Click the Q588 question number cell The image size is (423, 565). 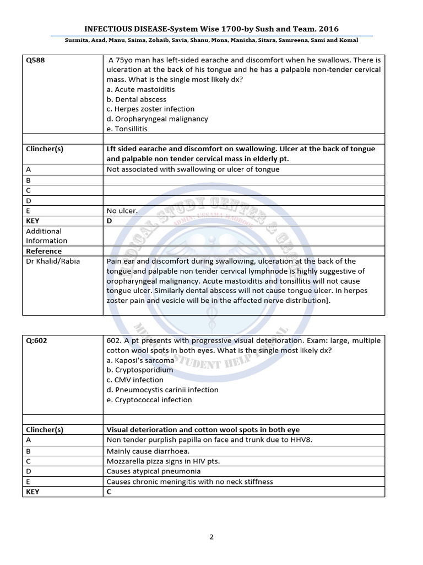click(x=35, y=60)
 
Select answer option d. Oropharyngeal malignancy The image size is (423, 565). click(x=158, y=119)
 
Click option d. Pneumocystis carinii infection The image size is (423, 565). click(x=162, y=390)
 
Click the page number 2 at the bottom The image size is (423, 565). click(x=211, y=537)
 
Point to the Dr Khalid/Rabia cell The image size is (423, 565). click(x=53, y=261)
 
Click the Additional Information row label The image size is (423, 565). click(x=46, y=236)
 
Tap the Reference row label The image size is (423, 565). click(x=44, y=251)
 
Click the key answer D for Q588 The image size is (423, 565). click(x=109, y=221)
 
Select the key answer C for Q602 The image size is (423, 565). click(x=109, y=492)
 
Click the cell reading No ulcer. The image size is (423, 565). click(x=122, y=211)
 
